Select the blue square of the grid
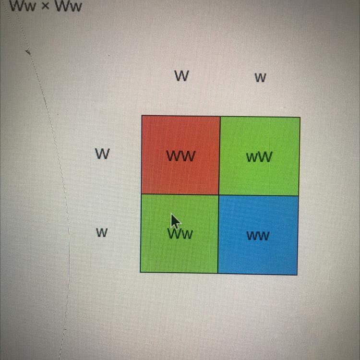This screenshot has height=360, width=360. [x=258, y=235]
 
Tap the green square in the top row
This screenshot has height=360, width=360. [x=260, y=156]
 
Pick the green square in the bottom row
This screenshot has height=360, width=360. [x=179, y=234]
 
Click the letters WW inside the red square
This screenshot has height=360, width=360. [x=181, y=156]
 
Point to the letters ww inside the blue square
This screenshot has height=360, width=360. [x=258, y=236]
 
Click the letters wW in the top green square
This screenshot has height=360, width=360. [x=259, y=157]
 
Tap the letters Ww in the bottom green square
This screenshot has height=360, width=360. [x=180, y=234]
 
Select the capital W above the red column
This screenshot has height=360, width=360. [x=181, y=76]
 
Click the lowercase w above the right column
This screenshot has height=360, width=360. [x=260, y=78]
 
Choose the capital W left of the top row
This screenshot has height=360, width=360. [x=102, y=154]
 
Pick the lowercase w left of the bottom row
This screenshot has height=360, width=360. [x=101, y=233]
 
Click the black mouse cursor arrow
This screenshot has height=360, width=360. [x=175, y=222]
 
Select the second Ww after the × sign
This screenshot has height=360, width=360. [x=68, y=7]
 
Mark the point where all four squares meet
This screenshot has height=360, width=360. [x=219, y=195]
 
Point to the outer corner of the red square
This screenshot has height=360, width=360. [x=142, y=116]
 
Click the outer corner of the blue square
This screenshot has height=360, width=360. [x=297, y=275]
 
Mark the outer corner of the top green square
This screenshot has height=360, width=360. [x=300, y=117]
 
